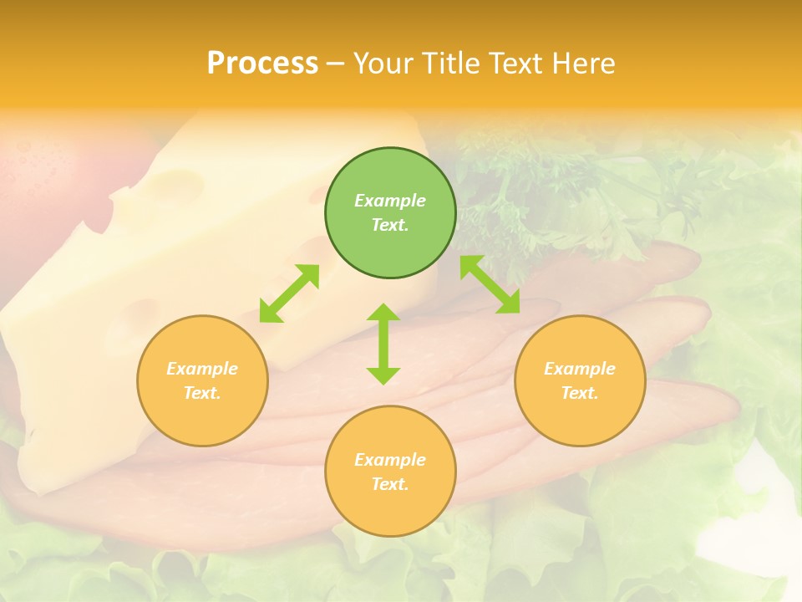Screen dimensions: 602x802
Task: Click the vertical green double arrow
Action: coord(383,344)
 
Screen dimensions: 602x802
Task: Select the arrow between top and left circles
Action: coord(289,293)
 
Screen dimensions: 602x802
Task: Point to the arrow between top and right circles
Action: coord(490,284)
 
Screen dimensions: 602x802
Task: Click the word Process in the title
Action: coord(262,64)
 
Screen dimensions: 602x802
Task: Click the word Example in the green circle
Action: coord(390,201)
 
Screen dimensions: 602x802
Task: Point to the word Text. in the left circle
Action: coord(202,393)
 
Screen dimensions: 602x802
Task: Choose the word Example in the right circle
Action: coord(580,369)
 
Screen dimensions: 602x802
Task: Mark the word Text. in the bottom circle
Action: coord(390,484)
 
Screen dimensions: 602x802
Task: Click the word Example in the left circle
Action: coord(202,369)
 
